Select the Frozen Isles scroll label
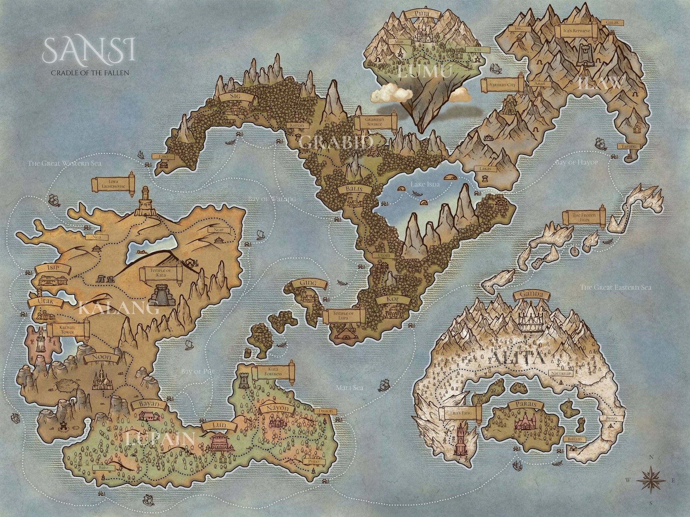(x=583, y=218)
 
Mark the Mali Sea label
(x=350, y=388)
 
